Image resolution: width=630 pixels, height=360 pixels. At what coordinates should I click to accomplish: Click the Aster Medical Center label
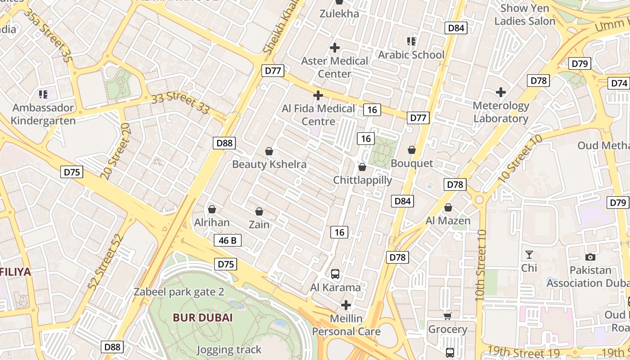pyautogui.click(x=334, y=67)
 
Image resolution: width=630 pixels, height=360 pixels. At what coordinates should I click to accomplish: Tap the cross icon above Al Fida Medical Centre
pyautogui.click(x=318, y=95)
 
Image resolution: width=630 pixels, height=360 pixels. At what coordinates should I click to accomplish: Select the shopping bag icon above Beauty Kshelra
pyautogui.click(x=269, y=151)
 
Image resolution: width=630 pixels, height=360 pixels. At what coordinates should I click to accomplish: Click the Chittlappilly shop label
pyautogui.click(x=362, y=180)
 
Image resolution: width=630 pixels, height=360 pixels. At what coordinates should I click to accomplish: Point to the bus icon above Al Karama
pyautogui.click(x=335, y=274)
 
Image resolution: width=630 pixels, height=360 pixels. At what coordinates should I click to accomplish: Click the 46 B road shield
pyautogui.click(x=228, y=240)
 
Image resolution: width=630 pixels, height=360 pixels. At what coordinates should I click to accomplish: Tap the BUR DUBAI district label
pyautogui.click(x=202, y=317)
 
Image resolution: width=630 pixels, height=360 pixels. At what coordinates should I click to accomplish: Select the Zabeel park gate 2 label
pyautogui.click(x=179, y=292)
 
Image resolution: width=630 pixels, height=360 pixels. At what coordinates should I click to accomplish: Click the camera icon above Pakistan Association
pyautogui.click(x=590, y=257)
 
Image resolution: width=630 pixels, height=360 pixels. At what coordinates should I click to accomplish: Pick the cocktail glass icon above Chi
pyautogui.click(x=529, y=255)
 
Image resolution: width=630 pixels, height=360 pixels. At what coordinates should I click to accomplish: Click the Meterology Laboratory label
pyautogui.click(x=501, y=112)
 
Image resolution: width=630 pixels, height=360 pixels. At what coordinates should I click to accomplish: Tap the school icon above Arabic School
pyautogui.click(x=411, y=41)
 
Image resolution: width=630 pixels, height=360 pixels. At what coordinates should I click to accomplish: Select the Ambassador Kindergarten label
pyautogui.click(x=43, y=114)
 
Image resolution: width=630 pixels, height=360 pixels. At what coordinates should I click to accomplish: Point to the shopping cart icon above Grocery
pyautogui.click(x=447, y=316)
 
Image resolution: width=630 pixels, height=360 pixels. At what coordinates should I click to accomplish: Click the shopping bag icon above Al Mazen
pyautogui.click(x=448, y=207)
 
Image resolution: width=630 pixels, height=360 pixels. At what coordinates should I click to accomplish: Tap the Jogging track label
pyautogui.click(x=229, y=350)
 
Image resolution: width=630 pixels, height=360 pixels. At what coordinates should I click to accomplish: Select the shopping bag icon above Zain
pyautogui.click(x=259, y=211)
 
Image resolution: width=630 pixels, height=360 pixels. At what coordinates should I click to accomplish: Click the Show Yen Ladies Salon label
pyautogui.click(x=525, y=14)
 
